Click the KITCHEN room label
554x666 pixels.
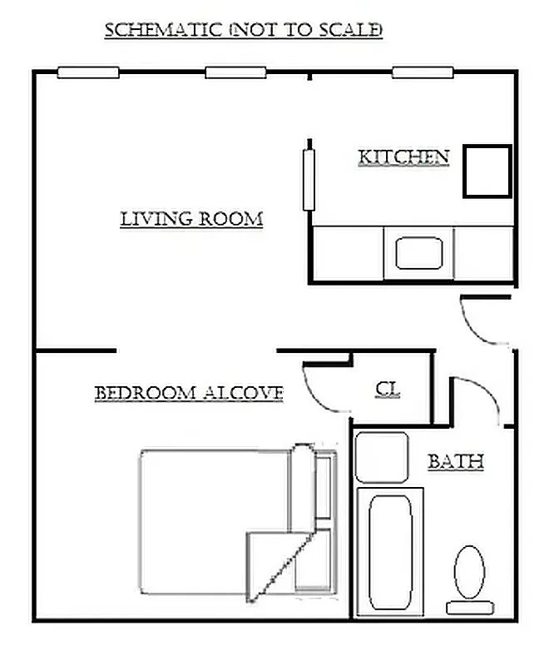(x=403, y=157)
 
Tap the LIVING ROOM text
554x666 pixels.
(x=191, y=219)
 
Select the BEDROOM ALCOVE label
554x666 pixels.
(x=189, y=393)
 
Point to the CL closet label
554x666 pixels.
(x=388, y=389)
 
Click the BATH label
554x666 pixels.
(x=455, y=461)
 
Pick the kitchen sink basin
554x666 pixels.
(x=418, y=253)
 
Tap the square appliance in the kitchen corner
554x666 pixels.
(x=487, y=171)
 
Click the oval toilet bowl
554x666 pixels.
(x=470, y=569)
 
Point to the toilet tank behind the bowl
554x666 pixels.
(x=470, y=608)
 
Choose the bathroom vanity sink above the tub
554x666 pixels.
(x=382, y=457)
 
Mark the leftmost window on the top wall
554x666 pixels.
(x=87, y=72)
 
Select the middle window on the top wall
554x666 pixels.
(x=235, y=72)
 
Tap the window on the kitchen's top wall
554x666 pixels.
(x=422, y=72)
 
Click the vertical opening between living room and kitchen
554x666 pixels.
(x=309, y=178)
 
